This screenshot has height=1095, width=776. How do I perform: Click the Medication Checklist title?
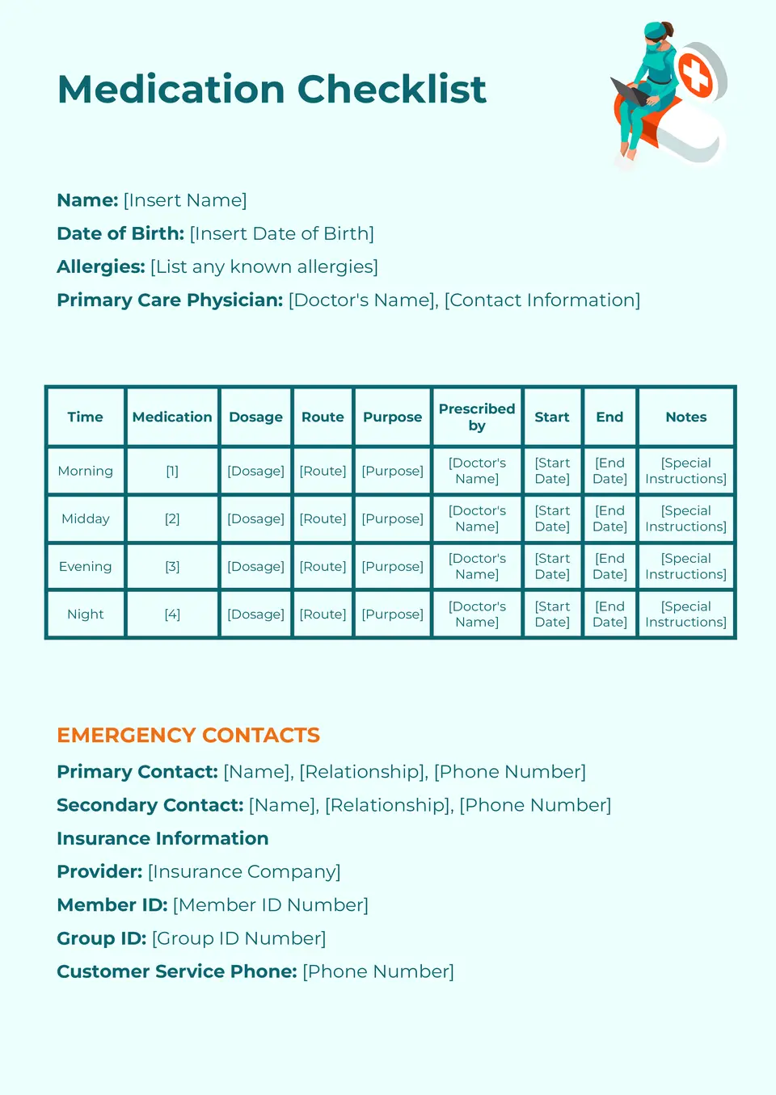[272, 90]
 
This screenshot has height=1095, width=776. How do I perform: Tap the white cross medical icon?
[694, 75]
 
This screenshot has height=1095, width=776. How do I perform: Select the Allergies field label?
[101, 266]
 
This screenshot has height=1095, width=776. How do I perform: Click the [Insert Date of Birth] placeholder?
[282, 233]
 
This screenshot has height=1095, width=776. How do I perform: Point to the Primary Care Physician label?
[170, 300]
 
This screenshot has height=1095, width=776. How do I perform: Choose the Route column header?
[323, 417]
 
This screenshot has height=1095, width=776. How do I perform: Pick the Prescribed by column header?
[477, 417]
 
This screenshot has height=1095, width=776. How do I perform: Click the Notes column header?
[685, 417]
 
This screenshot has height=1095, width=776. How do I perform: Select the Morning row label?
[86, 471]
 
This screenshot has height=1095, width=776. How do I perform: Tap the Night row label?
[86, 615]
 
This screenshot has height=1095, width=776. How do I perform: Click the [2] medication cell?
[172, 518]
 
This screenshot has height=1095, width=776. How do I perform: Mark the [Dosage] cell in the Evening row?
[255, 567]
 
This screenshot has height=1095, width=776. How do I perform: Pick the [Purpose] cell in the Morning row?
[392, 471]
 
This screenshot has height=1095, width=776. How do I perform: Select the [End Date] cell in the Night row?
[609, 615]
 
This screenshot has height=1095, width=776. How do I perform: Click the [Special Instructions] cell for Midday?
[685, 518]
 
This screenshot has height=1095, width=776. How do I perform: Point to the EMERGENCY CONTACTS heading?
[188, 735]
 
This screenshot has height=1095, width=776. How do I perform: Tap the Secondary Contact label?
[150, 805]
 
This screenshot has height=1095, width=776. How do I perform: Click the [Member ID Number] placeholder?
[271, 905]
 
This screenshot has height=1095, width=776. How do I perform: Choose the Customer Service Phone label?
[177, 971]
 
